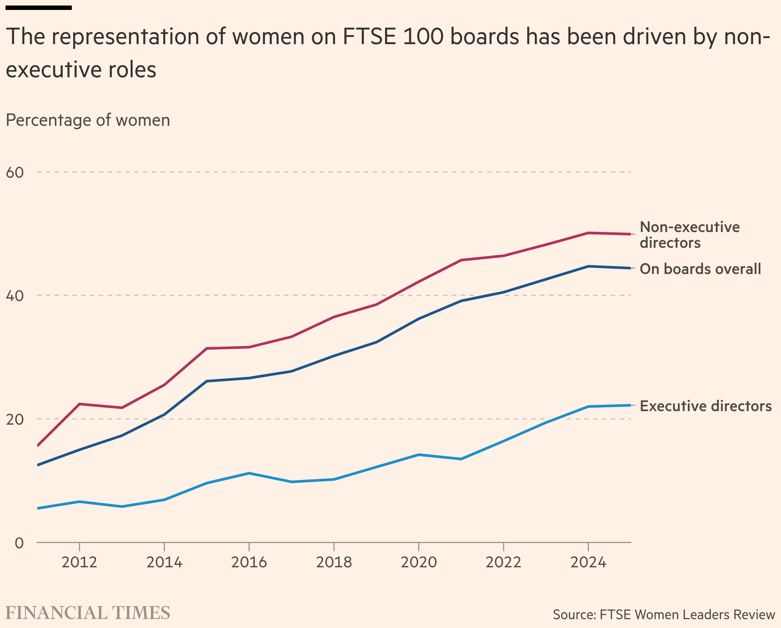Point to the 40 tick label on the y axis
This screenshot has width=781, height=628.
point(15,296)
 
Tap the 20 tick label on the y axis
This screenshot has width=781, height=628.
point(15,419)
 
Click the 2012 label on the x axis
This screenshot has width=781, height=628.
point(79,562)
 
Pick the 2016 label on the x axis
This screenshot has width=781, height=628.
point(249,562)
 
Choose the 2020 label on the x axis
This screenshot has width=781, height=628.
point(418,562)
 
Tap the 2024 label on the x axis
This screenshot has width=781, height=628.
point(588,562)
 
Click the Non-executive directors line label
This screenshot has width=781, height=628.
point(689,235)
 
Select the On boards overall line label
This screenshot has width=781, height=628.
point(700,269)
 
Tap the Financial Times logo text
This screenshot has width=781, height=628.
point(88,613)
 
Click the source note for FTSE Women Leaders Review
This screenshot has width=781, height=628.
point(664,614)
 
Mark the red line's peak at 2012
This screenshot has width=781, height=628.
point(79,404)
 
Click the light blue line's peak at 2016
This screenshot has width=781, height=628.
point(249,473)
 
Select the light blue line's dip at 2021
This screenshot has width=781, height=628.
point(461,459)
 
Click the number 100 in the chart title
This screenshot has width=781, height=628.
point(423,37)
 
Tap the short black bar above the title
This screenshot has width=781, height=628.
point(39,8)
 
